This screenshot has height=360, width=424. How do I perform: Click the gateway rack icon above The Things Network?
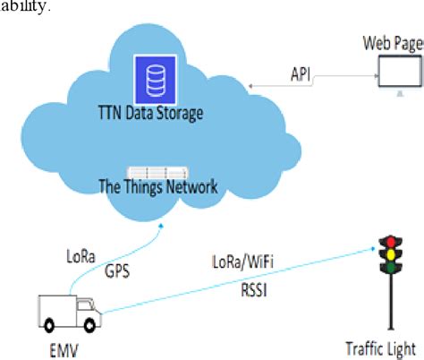click(x=158, y=170)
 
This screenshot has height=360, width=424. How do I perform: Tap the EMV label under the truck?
click(x=65, y=342)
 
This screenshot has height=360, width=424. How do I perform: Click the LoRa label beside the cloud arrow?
click(x=81, y=254)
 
